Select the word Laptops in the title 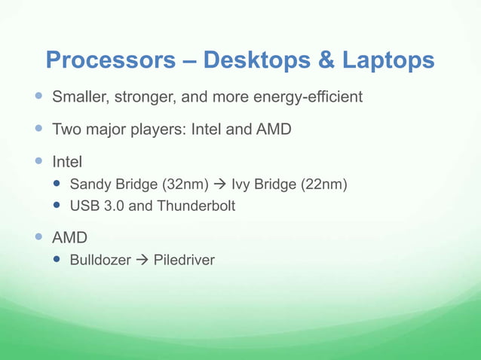point(390,60)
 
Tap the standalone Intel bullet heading point(66,161)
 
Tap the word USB point(84,206)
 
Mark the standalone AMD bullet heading point(69,238)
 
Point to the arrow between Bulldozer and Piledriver point(142,261)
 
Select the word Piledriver point(184,261)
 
